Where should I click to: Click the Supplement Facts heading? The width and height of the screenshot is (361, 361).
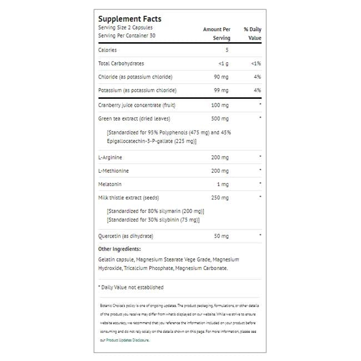(x=129, y=19)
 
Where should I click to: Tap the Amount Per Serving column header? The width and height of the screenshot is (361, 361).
(x=217, y=33)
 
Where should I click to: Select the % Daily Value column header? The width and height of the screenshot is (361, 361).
(x=252, y=33)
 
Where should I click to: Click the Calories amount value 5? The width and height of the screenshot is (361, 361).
(x=227, y=50)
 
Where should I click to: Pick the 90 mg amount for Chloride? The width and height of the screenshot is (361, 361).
(x=221, y=77)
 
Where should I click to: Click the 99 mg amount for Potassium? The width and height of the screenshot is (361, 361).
(x=221, y=90)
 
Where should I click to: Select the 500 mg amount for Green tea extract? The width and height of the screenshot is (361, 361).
(x=220, y=118)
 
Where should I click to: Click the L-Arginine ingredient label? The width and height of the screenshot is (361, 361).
(x=110, y=157)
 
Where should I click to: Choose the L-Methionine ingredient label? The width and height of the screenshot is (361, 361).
(x=113, y=171)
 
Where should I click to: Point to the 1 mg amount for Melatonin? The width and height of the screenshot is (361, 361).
(x=223, y=184)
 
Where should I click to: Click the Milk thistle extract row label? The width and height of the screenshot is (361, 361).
(x=128, y=197)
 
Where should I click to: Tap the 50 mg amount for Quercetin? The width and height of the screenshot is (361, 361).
(x=221, y=236)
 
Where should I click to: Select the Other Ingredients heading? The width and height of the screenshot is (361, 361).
(x=119, y=249)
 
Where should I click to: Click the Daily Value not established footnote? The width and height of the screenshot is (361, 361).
(x=131, y=287)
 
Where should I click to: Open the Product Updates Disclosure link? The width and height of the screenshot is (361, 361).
(x=127, y=340)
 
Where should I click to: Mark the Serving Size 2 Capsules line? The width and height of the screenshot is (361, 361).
(x=125, y=28)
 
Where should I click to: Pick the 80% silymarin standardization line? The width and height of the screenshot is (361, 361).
(x=156, y=211)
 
